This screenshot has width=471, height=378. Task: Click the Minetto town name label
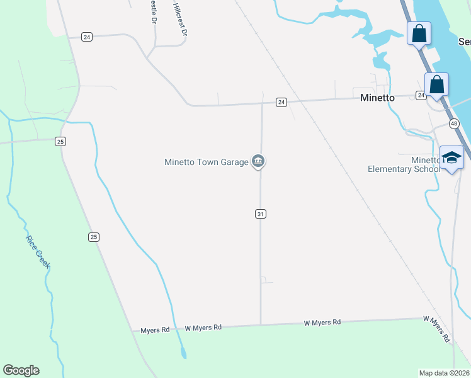pos(377,98)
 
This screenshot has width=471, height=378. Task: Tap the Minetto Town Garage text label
pos(207,162)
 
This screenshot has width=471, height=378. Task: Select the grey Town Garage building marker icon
pos(258,162)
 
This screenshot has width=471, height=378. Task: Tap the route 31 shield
pos(261,214)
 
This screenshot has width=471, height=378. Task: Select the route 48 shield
pos(454,124)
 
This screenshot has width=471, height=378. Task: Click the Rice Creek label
pos(37,252)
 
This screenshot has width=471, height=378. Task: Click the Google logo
pos(21,370)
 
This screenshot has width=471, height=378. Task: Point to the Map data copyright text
pos(445,372)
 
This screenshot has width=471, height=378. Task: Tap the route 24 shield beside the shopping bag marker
pos(421,95)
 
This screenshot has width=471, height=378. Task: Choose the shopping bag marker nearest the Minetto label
pos(436,85)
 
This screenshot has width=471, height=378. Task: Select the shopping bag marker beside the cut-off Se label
pos(419,33)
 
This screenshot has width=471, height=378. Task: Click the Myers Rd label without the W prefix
pos(155,330)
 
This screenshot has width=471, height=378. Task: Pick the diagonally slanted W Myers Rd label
pos(437,328)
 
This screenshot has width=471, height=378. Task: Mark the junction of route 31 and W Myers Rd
pos(261,325)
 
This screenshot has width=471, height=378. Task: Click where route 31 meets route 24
pos(263,103)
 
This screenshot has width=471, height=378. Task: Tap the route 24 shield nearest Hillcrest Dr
pos(87,37)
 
